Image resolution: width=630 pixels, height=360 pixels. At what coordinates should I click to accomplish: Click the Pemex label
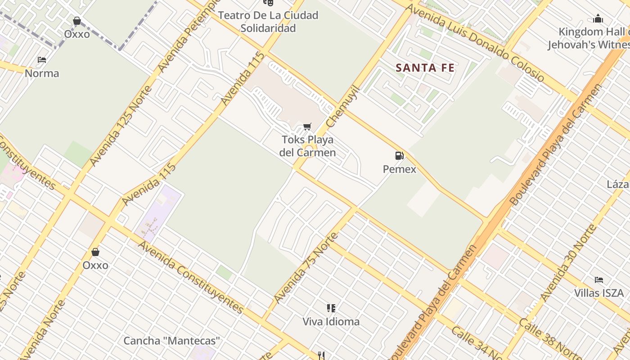tap(399, 169)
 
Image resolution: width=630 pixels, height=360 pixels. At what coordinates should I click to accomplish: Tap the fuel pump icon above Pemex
tap(399, 156)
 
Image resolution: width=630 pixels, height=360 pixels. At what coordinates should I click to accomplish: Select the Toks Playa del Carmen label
tap(308, 146)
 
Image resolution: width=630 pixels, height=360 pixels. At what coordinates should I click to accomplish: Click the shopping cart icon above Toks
tap(307, 126)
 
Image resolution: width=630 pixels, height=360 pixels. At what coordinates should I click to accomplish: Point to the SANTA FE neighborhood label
tap(425, 68)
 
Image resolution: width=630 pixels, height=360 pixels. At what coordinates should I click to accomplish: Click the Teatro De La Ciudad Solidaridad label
tap(268, 22)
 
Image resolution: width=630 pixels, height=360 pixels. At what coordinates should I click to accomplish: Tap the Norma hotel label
tap(42, 73)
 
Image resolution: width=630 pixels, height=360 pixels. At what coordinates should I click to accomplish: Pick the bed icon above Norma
tap(42, 59)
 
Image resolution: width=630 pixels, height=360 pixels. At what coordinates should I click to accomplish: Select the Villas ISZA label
tap(598, 293)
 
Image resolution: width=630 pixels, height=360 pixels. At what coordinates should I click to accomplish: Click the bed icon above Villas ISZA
tap(598, 280)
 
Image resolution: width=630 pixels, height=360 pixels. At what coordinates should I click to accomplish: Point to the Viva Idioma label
tap(331, 321)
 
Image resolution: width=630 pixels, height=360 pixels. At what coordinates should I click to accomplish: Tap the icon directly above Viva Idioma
tap(331, 308)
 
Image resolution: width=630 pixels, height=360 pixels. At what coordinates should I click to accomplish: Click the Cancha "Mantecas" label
tap(172, 341)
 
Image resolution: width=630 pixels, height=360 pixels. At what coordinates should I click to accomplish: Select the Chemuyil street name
tap(343, 106)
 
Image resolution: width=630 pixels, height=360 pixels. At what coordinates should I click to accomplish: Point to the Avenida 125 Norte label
tap(121, 126)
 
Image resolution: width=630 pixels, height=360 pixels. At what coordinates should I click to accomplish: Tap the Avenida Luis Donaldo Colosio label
tap(475, 43)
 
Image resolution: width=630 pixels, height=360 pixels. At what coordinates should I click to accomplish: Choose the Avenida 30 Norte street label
tap(568, 263)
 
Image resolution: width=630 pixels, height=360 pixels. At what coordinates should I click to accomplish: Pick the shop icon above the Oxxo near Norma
tap(77, 21)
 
